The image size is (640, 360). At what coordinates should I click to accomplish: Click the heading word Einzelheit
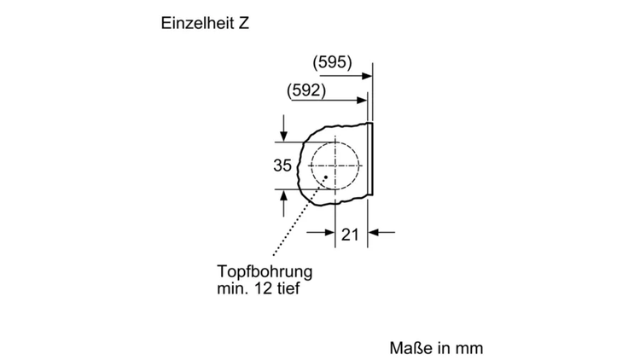click(x=195, y=23)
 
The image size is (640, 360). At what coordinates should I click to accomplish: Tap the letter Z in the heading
click(x=244, y=23)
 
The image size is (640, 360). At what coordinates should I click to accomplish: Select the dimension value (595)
click(x=332, y=62)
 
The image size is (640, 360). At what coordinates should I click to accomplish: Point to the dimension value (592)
click(x=306, y=90)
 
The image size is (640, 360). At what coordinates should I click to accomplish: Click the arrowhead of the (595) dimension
click(x=367, y=76)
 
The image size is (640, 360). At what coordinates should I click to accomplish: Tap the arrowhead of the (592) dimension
click(x=362, y=101)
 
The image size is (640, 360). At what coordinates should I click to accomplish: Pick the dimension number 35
click(x=282, y=165)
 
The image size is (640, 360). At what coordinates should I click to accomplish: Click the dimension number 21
click(x=350, y=235)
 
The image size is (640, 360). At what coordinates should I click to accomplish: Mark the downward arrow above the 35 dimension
click(x=283, y=128)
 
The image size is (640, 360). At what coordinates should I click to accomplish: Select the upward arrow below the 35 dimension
click(x=283, y=203)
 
